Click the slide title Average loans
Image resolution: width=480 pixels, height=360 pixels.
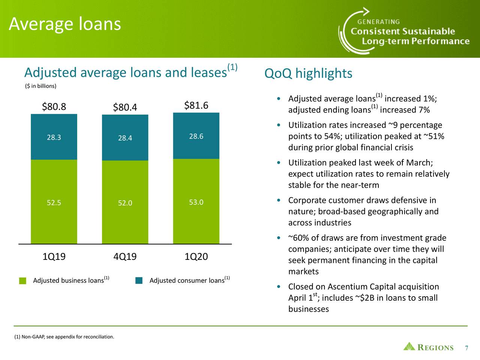[65, 24]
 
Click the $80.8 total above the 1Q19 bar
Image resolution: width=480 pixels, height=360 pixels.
[54, 107]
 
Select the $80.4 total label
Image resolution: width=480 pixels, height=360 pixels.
[125, 108]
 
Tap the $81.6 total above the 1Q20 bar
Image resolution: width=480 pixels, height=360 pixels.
[196, 105]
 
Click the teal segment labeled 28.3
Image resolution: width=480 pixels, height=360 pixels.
[54, 137]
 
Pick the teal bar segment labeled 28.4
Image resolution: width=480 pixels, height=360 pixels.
[125, 138]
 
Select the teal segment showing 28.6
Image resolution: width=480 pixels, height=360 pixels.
[196, 136]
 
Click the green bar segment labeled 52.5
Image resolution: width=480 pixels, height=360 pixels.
[54, 202]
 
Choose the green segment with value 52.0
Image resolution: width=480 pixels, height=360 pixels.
[125, 203]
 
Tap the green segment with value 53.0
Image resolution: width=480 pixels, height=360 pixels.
[196, 202]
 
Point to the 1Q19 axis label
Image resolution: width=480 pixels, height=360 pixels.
[54, 257]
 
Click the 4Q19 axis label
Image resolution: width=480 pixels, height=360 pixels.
[125, 257]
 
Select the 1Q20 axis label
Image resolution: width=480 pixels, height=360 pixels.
[196, 257]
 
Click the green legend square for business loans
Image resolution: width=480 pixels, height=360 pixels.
[23, 281]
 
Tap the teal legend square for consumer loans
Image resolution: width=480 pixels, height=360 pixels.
[139, 281]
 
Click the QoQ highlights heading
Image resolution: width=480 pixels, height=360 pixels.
[308, 73]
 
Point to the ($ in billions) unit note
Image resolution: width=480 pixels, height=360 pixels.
[40, 86]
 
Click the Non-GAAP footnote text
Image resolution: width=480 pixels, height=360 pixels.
[64, 337]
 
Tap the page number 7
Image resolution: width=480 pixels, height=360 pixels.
[466, 348]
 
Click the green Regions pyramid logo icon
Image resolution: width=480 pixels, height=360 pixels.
[409, 346]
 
